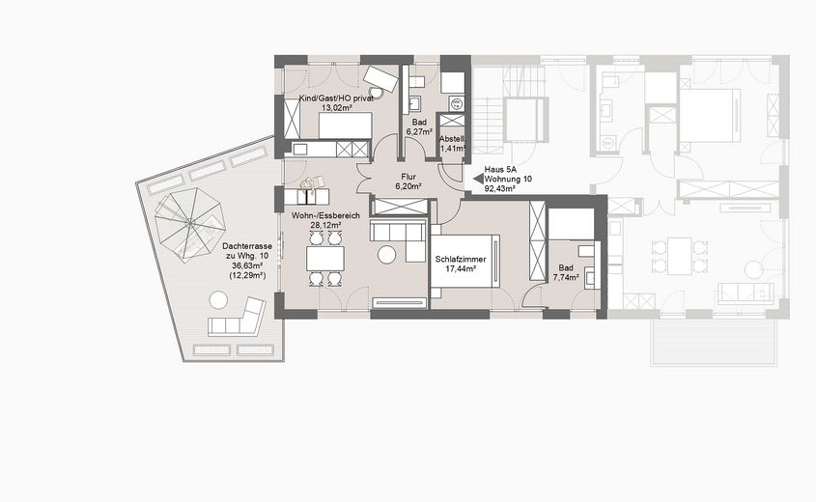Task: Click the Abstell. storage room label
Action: coord(452,139)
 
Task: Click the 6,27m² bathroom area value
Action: coord(419,133)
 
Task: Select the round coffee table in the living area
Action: coord(387,255)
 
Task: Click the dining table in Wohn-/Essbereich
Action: coord(324,259)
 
